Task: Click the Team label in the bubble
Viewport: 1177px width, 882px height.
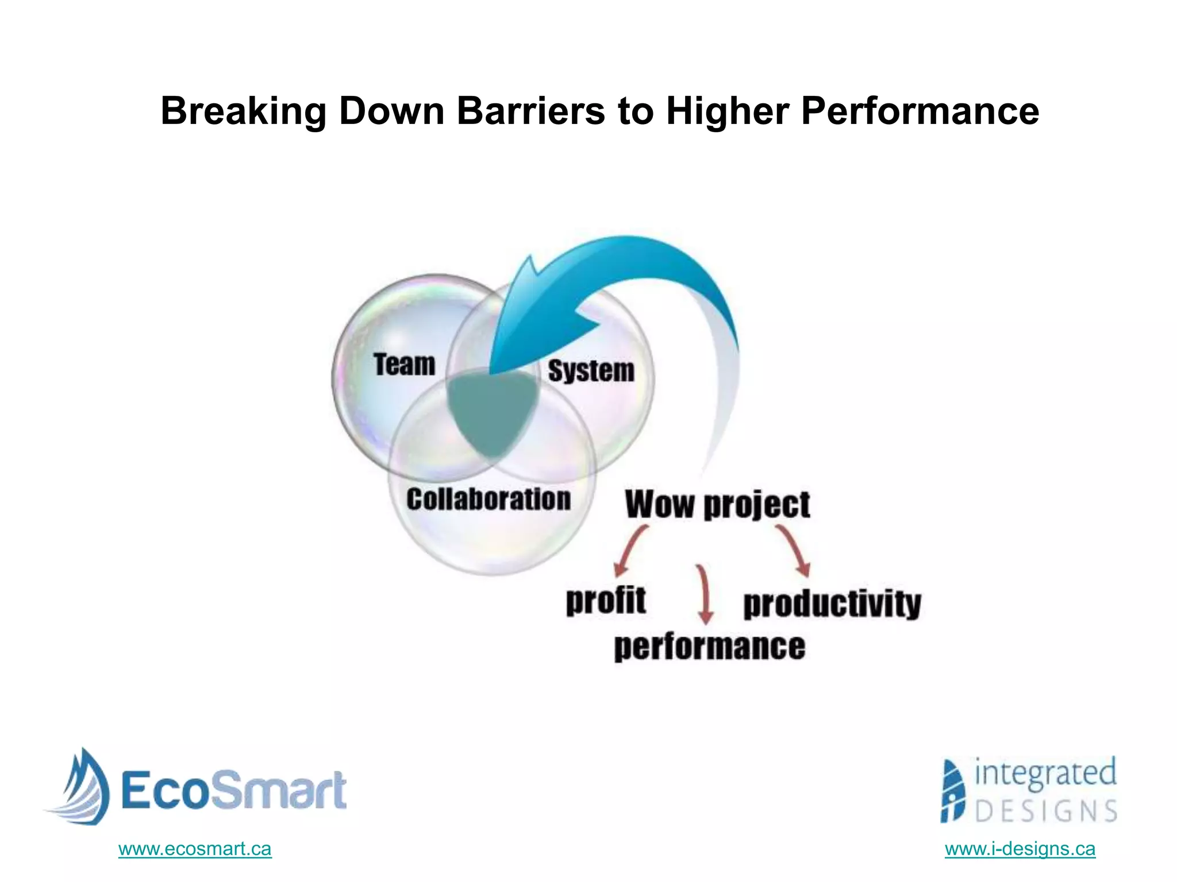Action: pos(404,365)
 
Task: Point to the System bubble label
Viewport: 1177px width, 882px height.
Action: pos(591,370)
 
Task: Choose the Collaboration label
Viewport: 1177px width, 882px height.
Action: pos(489,499)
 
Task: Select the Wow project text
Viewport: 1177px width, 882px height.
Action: pos(717,505)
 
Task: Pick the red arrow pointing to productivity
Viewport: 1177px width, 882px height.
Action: pos(795,550)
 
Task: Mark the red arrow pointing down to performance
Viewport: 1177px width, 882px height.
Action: pos(705,594)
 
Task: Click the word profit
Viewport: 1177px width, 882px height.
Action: pos(606,601)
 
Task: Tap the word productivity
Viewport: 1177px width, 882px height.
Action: pos(832,604)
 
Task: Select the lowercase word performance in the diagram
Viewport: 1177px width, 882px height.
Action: pos(709,647)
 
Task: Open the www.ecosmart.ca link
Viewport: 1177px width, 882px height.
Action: pos(195,849)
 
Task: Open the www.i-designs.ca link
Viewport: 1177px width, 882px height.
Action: pos(1020,849)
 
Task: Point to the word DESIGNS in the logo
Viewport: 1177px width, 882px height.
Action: pos(1046,811)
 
